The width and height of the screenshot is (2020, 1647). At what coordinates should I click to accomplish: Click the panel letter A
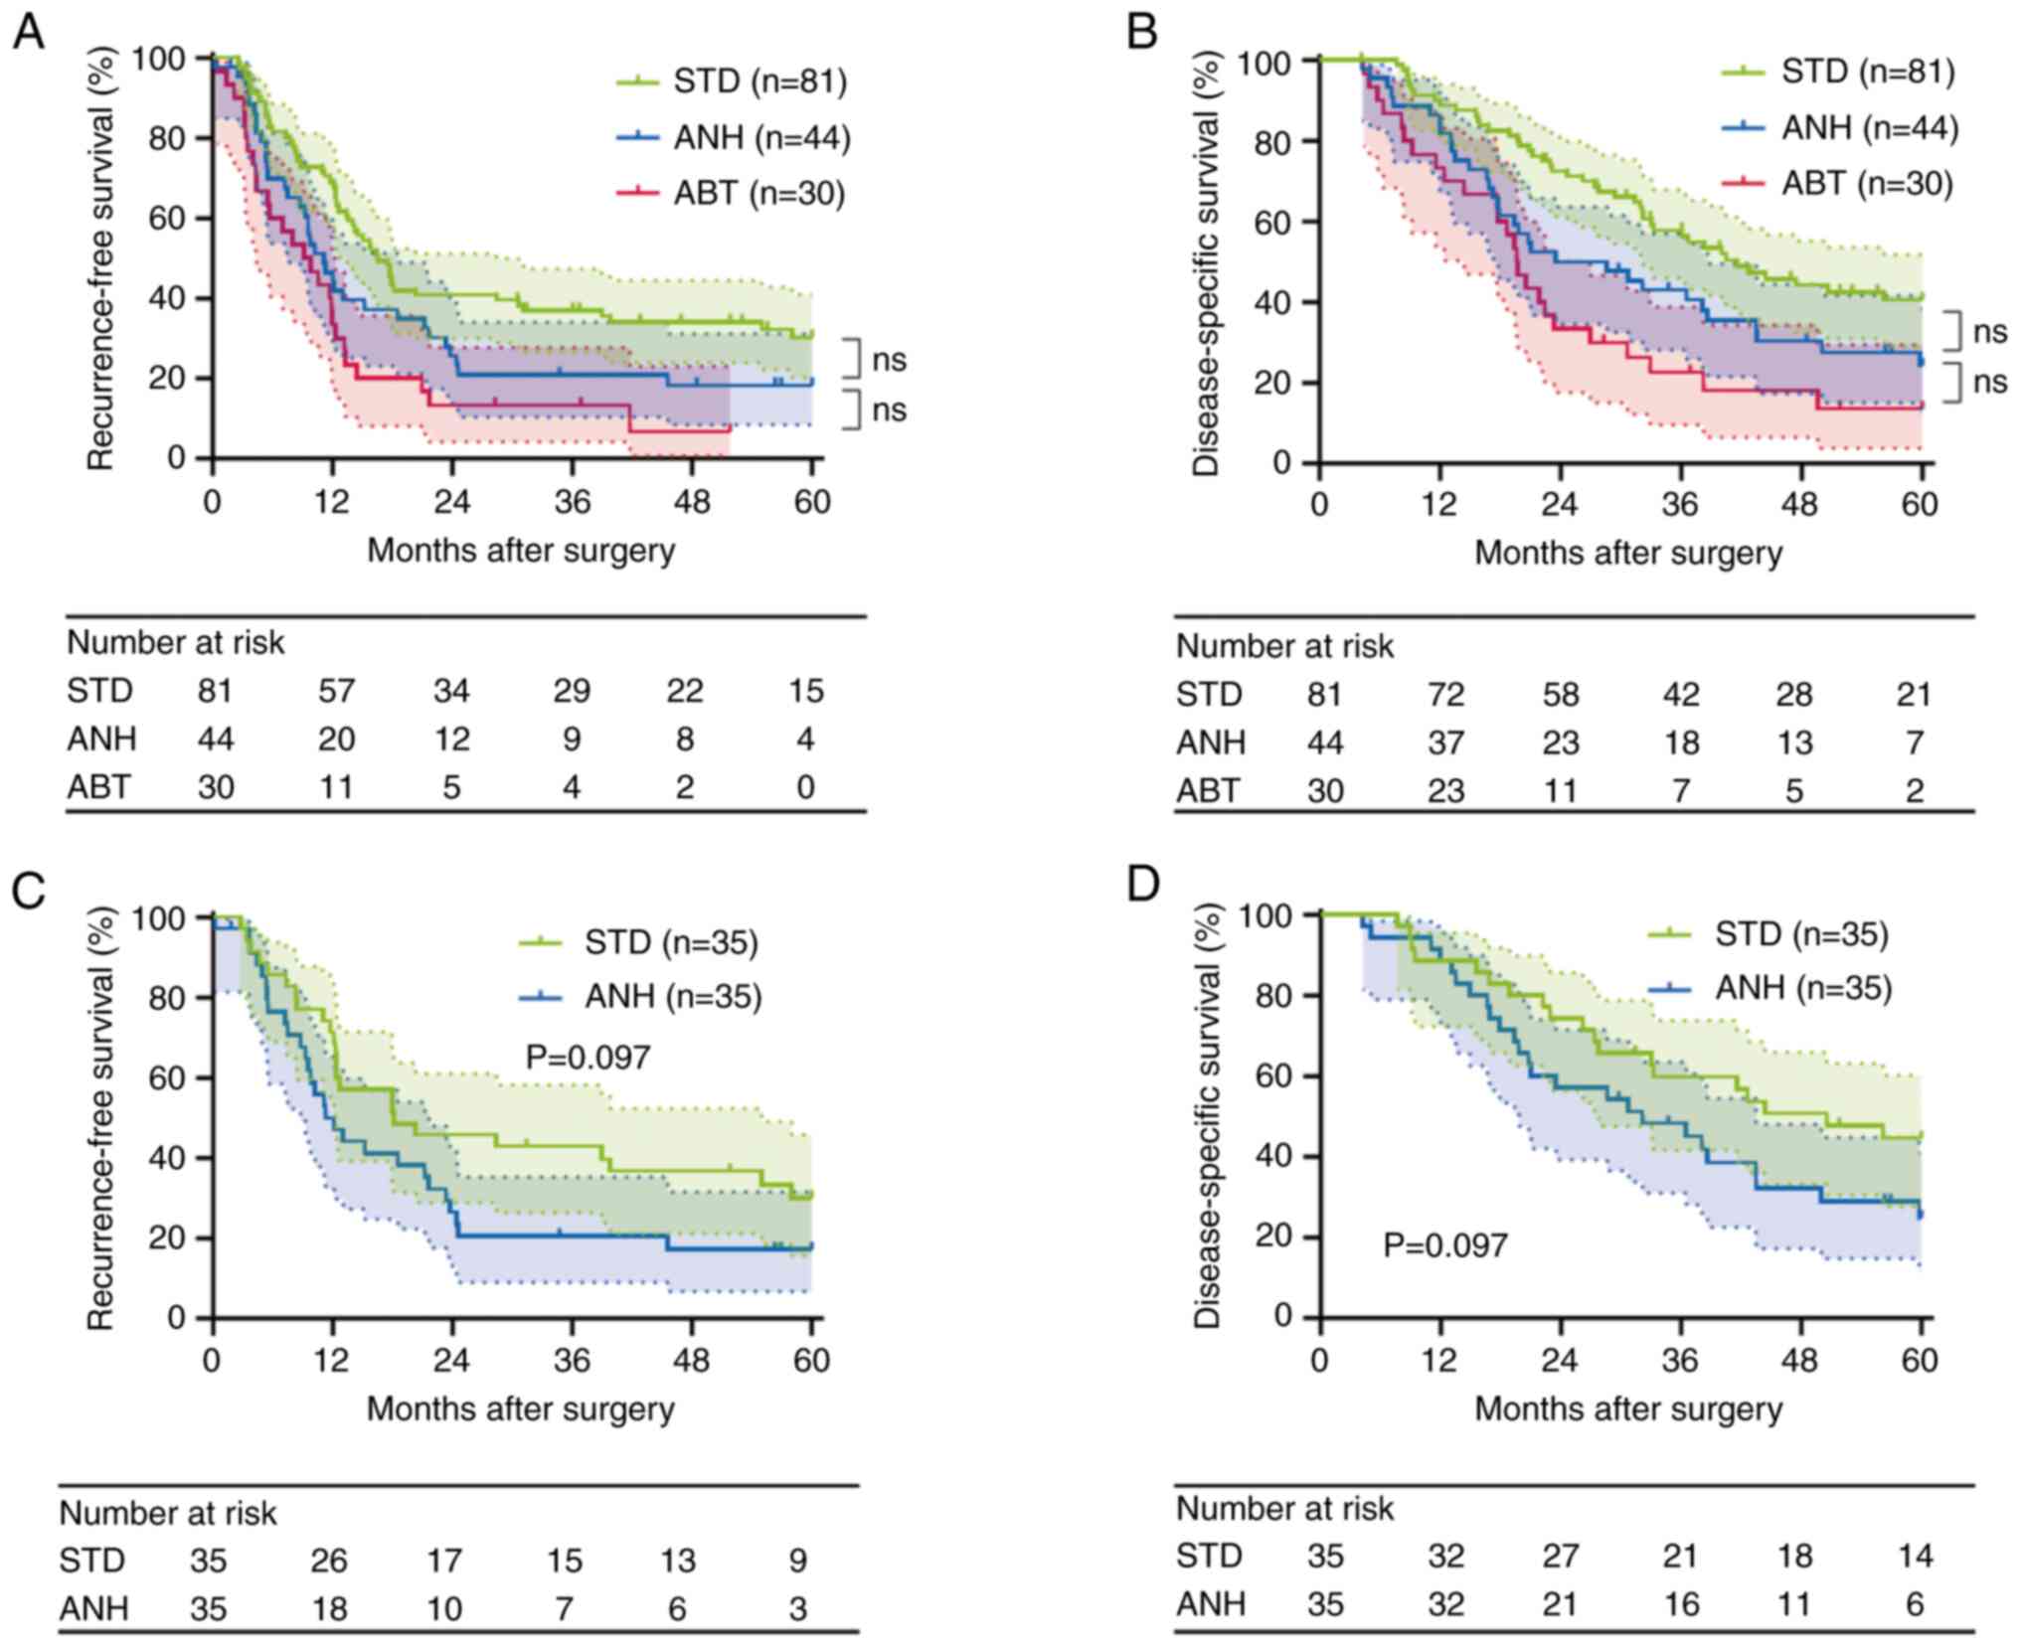(28, 33)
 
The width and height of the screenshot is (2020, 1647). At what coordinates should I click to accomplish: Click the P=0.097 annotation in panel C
(588, 1057)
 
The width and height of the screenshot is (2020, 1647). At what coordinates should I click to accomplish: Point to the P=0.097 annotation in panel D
(1444, 1244)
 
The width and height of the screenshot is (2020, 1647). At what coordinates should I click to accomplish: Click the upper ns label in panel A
(889, 360)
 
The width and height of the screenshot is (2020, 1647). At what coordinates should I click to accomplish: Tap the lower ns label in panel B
(1989, 382)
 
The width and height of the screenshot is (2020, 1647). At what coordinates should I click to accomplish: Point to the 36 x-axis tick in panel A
(573, 501)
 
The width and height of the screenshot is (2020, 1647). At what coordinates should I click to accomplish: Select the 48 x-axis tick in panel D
(1800, 1360)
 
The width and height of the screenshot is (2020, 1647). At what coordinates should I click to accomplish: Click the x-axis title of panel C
(520, 1408)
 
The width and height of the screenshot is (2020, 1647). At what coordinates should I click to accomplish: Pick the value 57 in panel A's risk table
(336, 691)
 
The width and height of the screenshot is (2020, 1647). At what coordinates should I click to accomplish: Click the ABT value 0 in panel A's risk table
(805, 787)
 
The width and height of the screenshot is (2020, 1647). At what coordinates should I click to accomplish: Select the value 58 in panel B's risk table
(1560, 694)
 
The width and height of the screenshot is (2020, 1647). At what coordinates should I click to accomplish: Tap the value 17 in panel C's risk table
(444, 1560)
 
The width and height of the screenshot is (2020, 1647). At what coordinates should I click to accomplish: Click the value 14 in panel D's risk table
(1915, 1556)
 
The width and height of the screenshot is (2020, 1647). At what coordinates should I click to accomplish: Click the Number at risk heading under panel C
(168, 1513)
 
